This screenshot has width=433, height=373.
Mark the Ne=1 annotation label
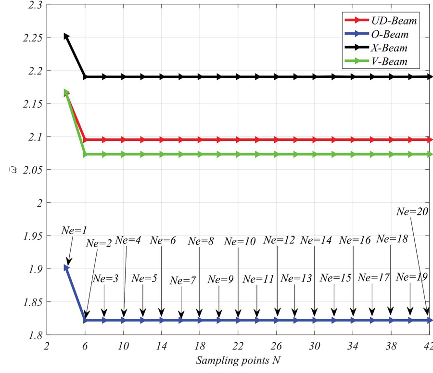click(74, 230)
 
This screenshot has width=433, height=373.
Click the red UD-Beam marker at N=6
click(85, 140)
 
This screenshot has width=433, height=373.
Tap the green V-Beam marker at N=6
click(85, 154)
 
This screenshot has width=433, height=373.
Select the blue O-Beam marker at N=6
click(85, 320)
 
